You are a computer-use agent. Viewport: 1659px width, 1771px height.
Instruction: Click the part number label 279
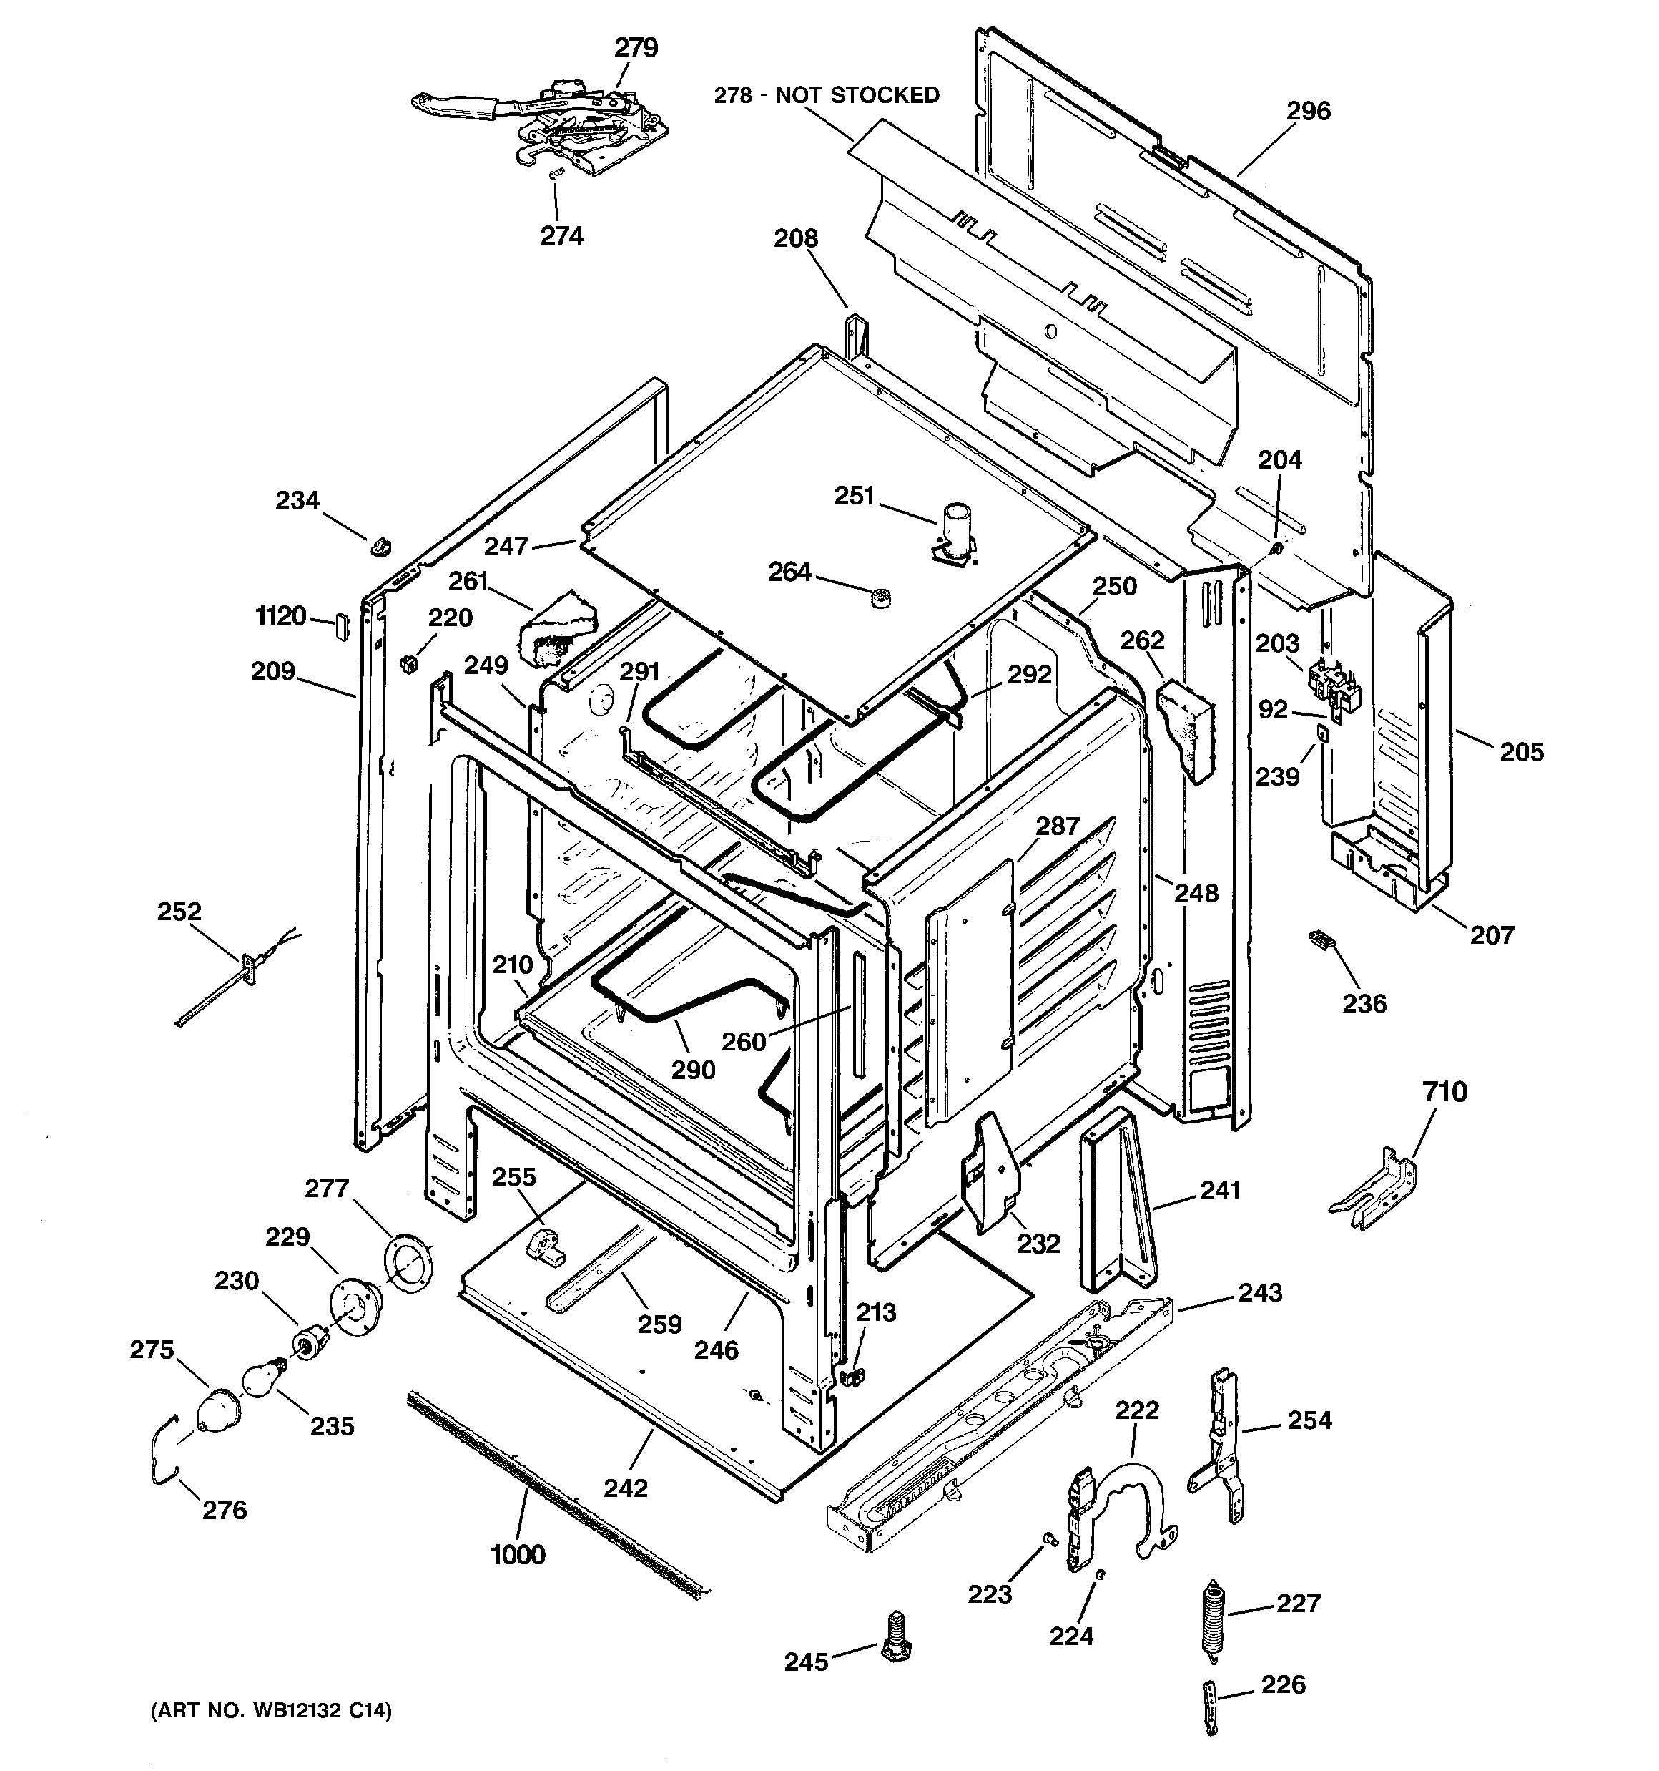click(x=636, y=47)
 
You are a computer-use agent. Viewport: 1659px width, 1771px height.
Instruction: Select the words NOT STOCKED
click(x=857, y=95)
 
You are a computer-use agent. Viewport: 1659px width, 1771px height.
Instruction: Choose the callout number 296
click(x=1308, y=112)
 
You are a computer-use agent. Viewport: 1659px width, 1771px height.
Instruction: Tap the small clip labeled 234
click(x=381, y=543)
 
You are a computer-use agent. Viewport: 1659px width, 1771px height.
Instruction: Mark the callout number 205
click(x=1521, y=752)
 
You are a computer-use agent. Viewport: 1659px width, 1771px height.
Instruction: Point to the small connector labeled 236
click(x=1321, y=939)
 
